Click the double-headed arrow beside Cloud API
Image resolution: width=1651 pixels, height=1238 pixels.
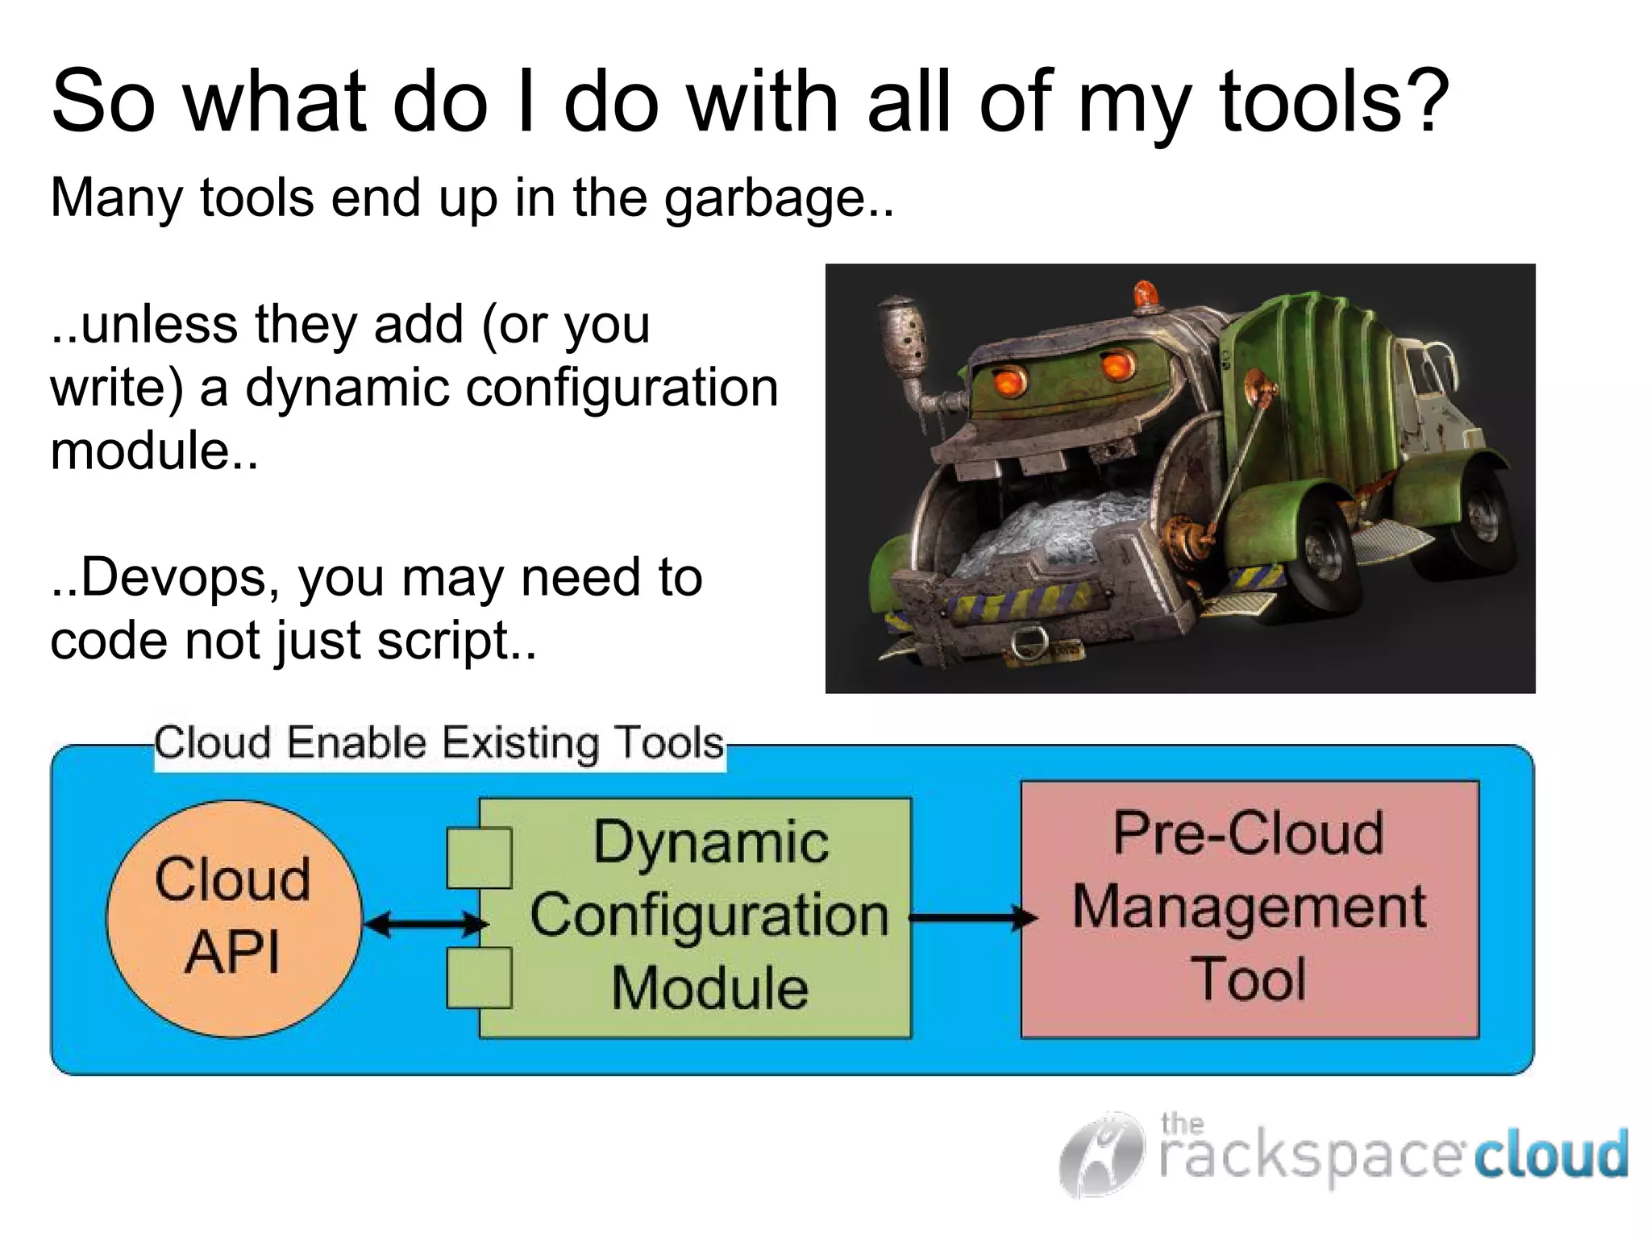tap(426, 924)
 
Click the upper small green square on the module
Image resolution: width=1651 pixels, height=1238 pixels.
tap(479, 858)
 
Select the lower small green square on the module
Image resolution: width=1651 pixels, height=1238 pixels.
tap(479, 978)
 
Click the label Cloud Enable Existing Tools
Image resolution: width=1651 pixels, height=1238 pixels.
tap(439, 743)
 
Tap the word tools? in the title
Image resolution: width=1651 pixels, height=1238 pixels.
tap(1334, 102)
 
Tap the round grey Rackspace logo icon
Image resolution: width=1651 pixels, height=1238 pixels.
tap(1101, 1154)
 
